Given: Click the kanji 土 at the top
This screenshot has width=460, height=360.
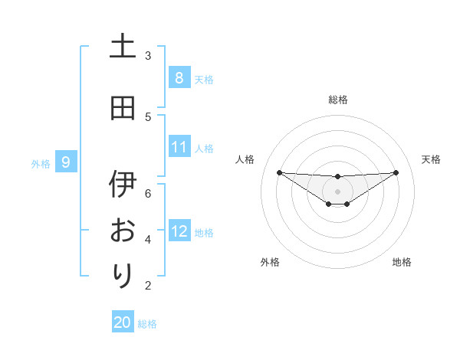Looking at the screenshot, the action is (x=123, y=47).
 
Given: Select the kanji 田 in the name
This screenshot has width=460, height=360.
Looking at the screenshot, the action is (x=123, y=108).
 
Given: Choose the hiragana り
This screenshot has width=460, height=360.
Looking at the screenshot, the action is (x=123, y=275).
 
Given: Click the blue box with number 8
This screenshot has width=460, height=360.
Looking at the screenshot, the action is (x=179, y=77).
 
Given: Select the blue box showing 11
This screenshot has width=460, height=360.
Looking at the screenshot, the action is (x=179, y=147).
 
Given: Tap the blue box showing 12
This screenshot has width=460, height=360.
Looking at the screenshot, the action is (x=179, y=231).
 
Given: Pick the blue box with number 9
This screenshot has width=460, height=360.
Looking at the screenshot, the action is (x=66, y=162).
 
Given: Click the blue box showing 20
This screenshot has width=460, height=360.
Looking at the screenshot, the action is (x=123, y=322).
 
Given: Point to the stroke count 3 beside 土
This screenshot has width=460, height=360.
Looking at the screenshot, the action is (x=148, y=55).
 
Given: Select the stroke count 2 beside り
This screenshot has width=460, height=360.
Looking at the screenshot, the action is (x=148, y=286).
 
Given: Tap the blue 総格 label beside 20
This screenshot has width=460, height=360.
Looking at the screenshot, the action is (x=147, y=324).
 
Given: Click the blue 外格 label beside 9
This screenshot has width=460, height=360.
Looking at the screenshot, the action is (x=41, y=163).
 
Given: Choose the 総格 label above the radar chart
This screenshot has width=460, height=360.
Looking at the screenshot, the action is (x=338, y=100).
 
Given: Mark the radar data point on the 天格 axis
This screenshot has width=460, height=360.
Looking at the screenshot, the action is (x=396, y=172).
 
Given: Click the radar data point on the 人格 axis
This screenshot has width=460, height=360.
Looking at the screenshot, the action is (x=279, y=172).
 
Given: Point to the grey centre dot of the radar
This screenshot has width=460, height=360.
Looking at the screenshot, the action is (x=338, y=191).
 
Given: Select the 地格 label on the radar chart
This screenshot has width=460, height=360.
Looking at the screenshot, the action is (x=402, y=262).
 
